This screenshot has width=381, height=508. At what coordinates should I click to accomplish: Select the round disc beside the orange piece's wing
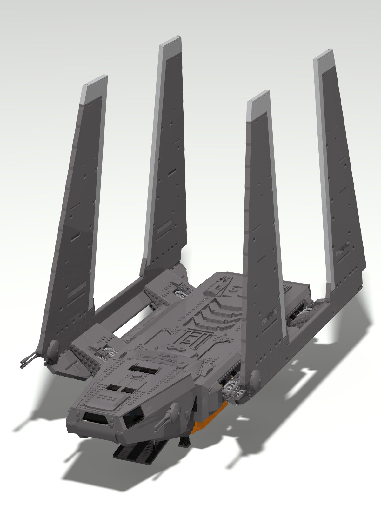[255, 378]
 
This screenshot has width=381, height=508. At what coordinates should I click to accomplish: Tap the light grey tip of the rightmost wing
[324, 62]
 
